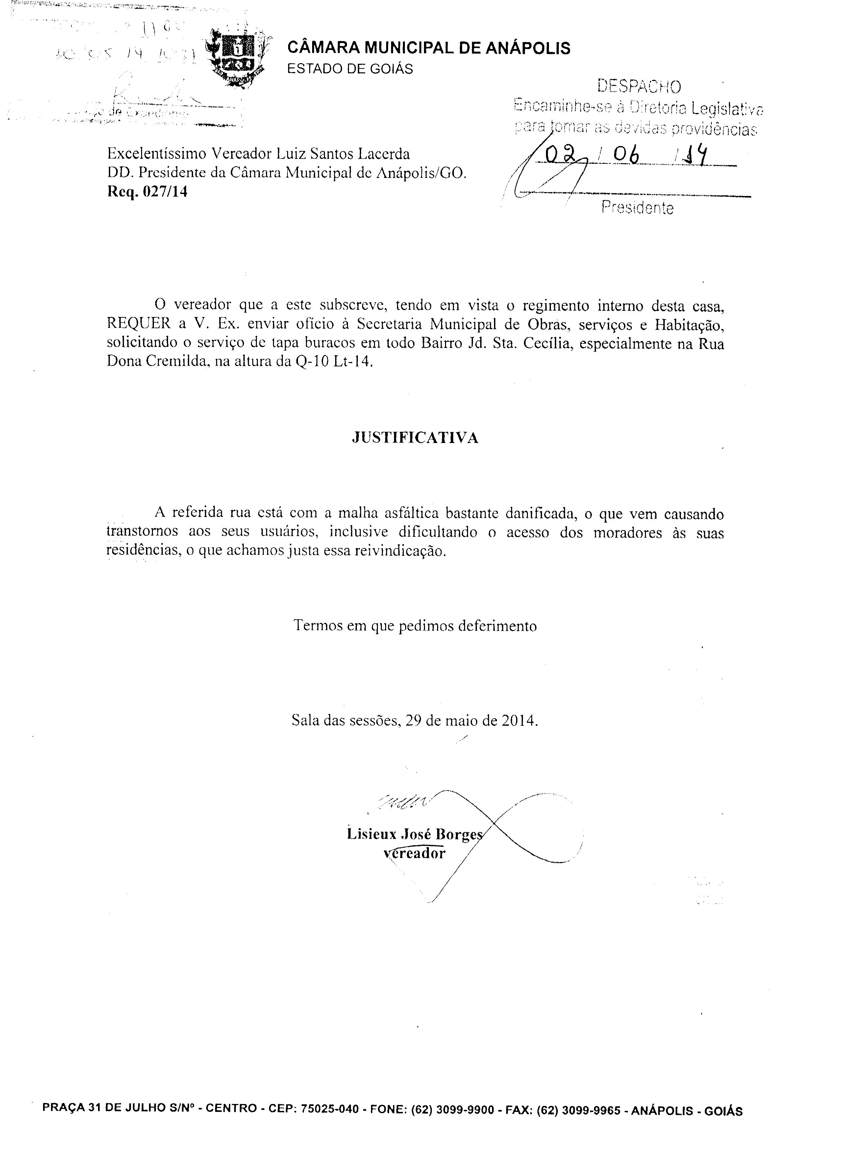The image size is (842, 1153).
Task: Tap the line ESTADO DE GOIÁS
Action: pyautogui.click(x=350, y=69)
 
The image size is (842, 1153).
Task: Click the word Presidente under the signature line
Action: pyautogui.click(x=637, y=208)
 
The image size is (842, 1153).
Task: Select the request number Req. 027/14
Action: pyautogui.click(x=147, y=192)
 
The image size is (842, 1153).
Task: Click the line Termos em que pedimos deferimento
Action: pyautogui.click(x=415, y=626)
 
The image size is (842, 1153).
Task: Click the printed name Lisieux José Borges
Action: pyautogui.click(x=414, y=834)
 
